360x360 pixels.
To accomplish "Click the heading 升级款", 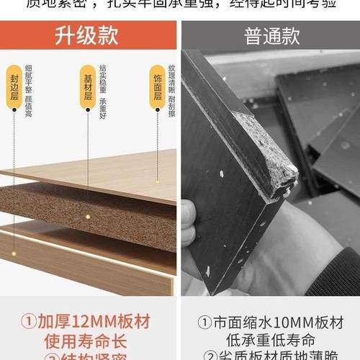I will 88,35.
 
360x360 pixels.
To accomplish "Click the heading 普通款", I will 270,35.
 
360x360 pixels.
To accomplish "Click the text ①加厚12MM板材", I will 88,320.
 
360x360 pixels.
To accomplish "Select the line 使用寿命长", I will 88,340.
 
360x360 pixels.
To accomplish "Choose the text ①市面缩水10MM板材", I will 270,320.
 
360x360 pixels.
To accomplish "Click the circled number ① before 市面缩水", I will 203,320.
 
